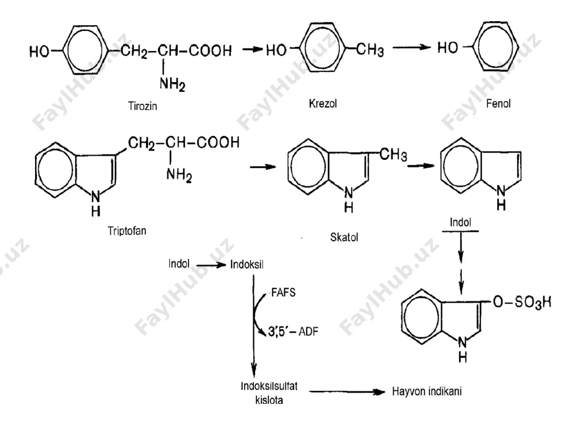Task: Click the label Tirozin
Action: pos(143,106)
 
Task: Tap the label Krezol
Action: pos(323,104)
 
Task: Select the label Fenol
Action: pos(498,104)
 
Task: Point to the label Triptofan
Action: pos(127,231)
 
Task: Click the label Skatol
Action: pos(344,237)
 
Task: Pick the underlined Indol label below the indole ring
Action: pos(460,222)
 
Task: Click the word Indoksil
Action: pos(247,265)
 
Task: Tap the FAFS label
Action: pos(283,292)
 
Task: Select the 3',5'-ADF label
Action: pos(293,331)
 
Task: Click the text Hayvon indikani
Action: pos(427,391)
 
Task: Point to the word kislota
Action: pos(269,400)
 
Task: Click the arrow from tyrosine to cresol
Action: pos(253,49)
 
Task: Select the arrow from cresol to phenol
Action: pos(411,47)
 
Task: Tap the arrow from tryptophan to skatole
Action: pos(263,167)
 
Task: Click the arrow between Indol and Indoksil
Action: pos(211,265)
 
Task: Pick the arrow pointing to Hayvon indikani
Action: pos(347,392)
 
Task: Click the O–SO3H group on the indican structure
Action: pos(522,302)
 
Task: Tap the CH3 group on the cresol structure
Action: pos(370,50)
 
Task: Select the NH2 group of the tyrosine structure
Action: pos(172,84)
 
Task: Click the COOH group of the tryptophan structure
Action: pos(218,142)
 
